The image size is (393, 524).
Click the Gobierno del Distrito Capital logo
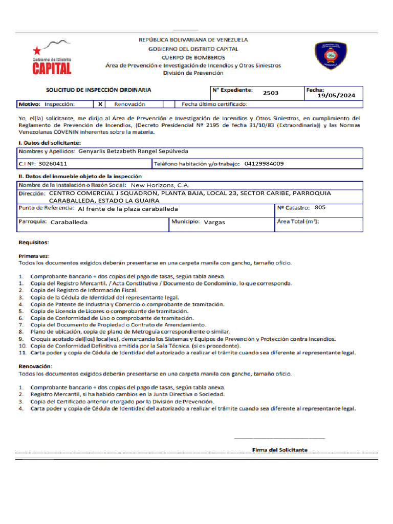tap(52, 57)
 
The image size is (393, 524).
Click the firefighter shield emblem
tap(332, 55)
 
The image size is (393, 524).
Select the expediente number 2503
tap(271, 93)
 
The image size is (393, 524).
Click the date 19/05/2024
tap(336, 95)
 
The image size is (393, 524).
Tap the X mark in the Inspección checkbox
tap(100, 104)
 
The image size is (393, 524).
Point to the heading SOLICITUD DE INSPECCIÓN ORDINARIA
tap(99, 90)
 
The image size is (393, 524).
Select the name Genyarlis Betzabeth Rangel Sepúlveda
tap(134, 151)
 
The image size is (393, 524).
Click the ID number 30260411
tap(53, 164)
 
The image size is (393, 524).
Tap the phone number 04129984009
tap(264, 164)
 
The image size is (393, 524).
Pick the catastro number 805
tap(320, 207)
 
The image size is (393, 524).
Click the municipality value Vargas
tap(214, 223)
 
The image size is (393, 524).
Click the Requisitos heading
tap(34, 243)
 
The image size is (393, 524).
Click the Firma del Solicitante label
tap(280, 450)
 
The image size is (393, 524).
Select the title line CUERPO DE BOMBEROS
tap(193, 57)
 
